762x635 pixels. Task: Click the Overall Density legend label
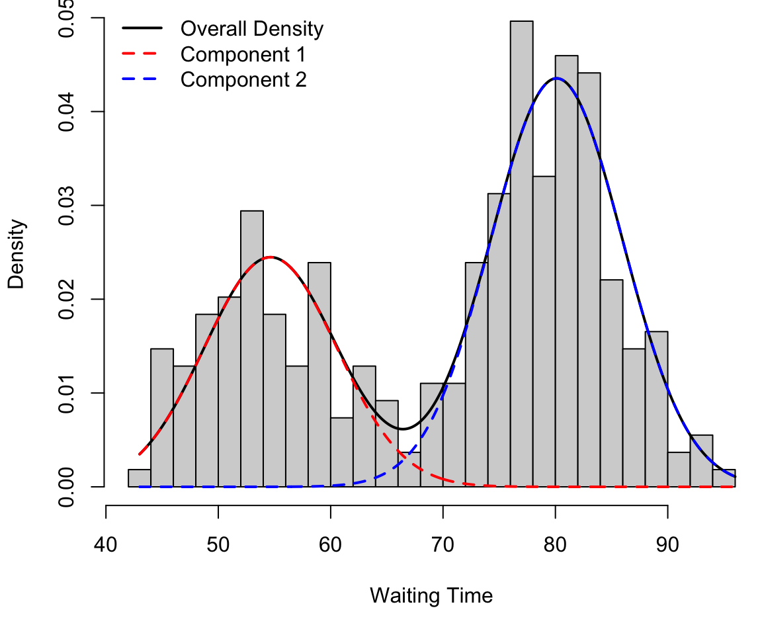point(251,29)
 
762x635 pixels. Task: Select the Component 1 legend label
point(242,54)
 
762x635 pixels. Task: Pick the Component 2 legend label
point(243,79)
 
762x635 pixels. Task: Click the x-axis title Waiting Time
point(431,596)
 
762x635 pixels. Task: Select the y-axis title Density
point(16,254)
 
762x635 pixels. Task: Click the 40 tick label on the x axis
point(106,546)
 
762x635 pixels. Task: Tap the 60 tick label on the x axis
point(331,546)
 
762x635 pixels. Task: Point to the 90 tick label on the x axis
point(667,546)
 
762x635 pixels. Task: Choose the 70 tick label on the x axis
point(443,546)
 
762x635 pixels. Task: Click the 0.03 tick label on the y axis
point(66,206)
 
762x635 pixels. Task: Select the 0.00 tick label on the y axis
point(66,487)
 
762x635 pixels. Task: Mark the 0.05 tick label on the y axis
point(66,19)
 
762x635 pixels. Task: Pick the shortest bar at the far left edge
point(140,478)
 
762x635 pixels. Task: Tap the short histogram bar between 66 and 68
point(409,470)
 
